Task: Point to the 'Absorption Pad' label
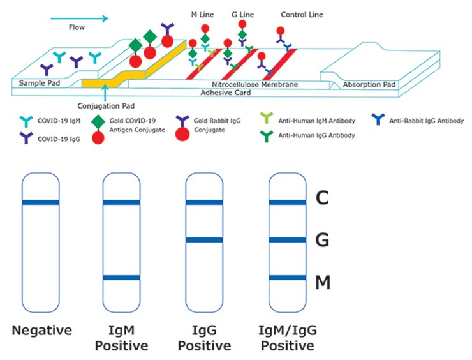[369, 84]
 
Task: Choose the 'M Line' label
[203, 14]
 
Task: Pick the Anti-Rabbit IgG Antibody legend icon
[378, 121]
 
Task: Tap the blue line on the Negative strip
[40, 202]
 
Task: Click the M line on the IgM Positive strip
[121, 278]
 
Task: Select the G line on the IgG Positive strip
[203, 240]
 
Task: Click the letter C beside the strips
[323, 200]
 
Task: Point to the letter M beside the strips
[323, 281]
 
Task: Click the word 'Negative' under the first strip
[41, 331]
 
